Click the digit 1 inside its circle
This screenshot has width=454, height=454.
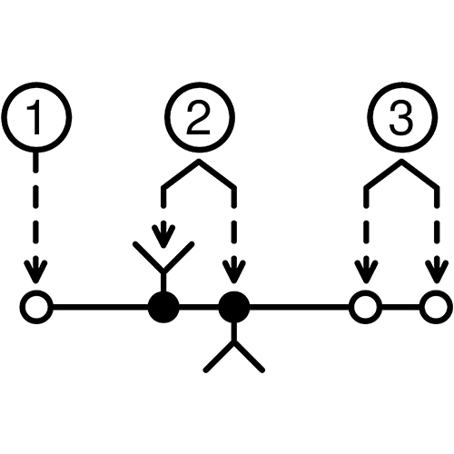35,117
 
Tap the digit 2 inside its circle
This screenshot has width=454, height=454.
199,118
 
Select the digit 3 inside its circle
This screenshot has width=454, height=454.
401,118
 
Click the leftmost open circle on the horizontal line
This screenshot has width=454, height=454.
36,308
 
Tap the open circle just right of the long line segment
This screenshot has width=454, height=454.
365,307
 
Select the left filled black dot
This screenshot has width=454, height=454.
163,308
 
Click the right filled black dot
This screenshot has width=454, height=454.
234,308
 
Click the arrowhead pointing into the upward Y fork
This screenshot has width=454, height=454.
163,235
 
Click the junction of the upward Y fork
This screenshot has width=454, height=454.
163,270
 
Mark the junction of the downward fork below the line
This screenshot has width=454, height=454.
233,342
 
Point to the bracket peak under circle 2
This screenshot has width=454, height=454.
199,161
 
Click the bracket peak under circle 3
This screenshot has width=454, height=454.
401,161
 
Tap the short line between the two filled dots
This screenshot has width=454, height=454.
199,308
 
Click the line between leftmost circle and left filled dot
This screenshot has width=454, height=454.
100,308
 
